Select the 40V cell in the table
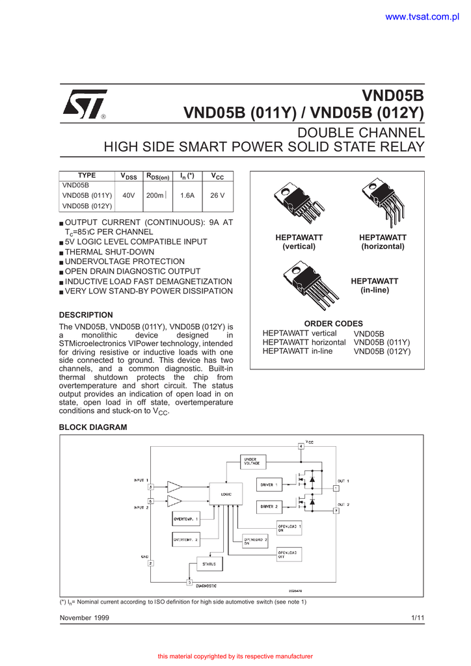click(129, 195)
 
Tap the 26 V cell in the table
click(217, 195)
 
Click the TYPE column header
click(87, 176)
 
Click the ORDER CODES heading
click(334, 323)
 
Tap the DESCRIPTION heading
click(86, 315)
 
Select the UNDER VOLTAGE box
click(252, 461)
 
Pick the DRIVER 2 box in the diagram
click(269, 506)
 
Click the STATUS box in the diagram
click(209, 564)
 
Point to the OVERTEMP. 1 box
click(186, 518)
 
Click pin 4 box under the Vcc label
click(301, 446)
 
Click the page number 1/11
click(417, 617)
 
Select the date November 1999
click(85, 617)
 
